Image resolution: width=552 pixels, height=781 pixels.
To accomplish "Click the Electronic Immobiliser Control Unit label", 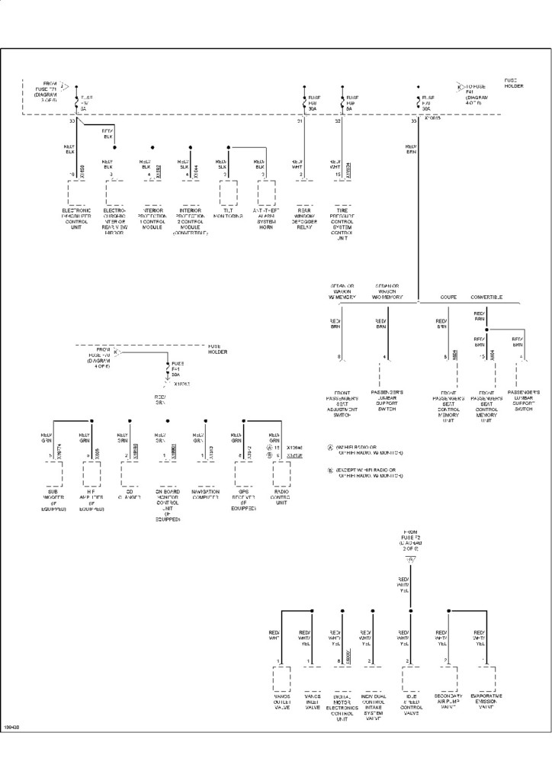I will [77, 219].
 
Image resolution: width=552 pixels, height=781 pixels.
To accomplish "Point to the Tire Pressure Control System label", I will [342, 222].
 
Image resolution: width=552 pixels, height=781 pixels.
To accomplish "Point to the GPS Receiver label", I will [243, 501].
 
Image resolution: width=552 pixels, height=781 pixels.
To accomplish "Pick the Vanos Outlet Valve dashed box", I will [281, 679].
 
